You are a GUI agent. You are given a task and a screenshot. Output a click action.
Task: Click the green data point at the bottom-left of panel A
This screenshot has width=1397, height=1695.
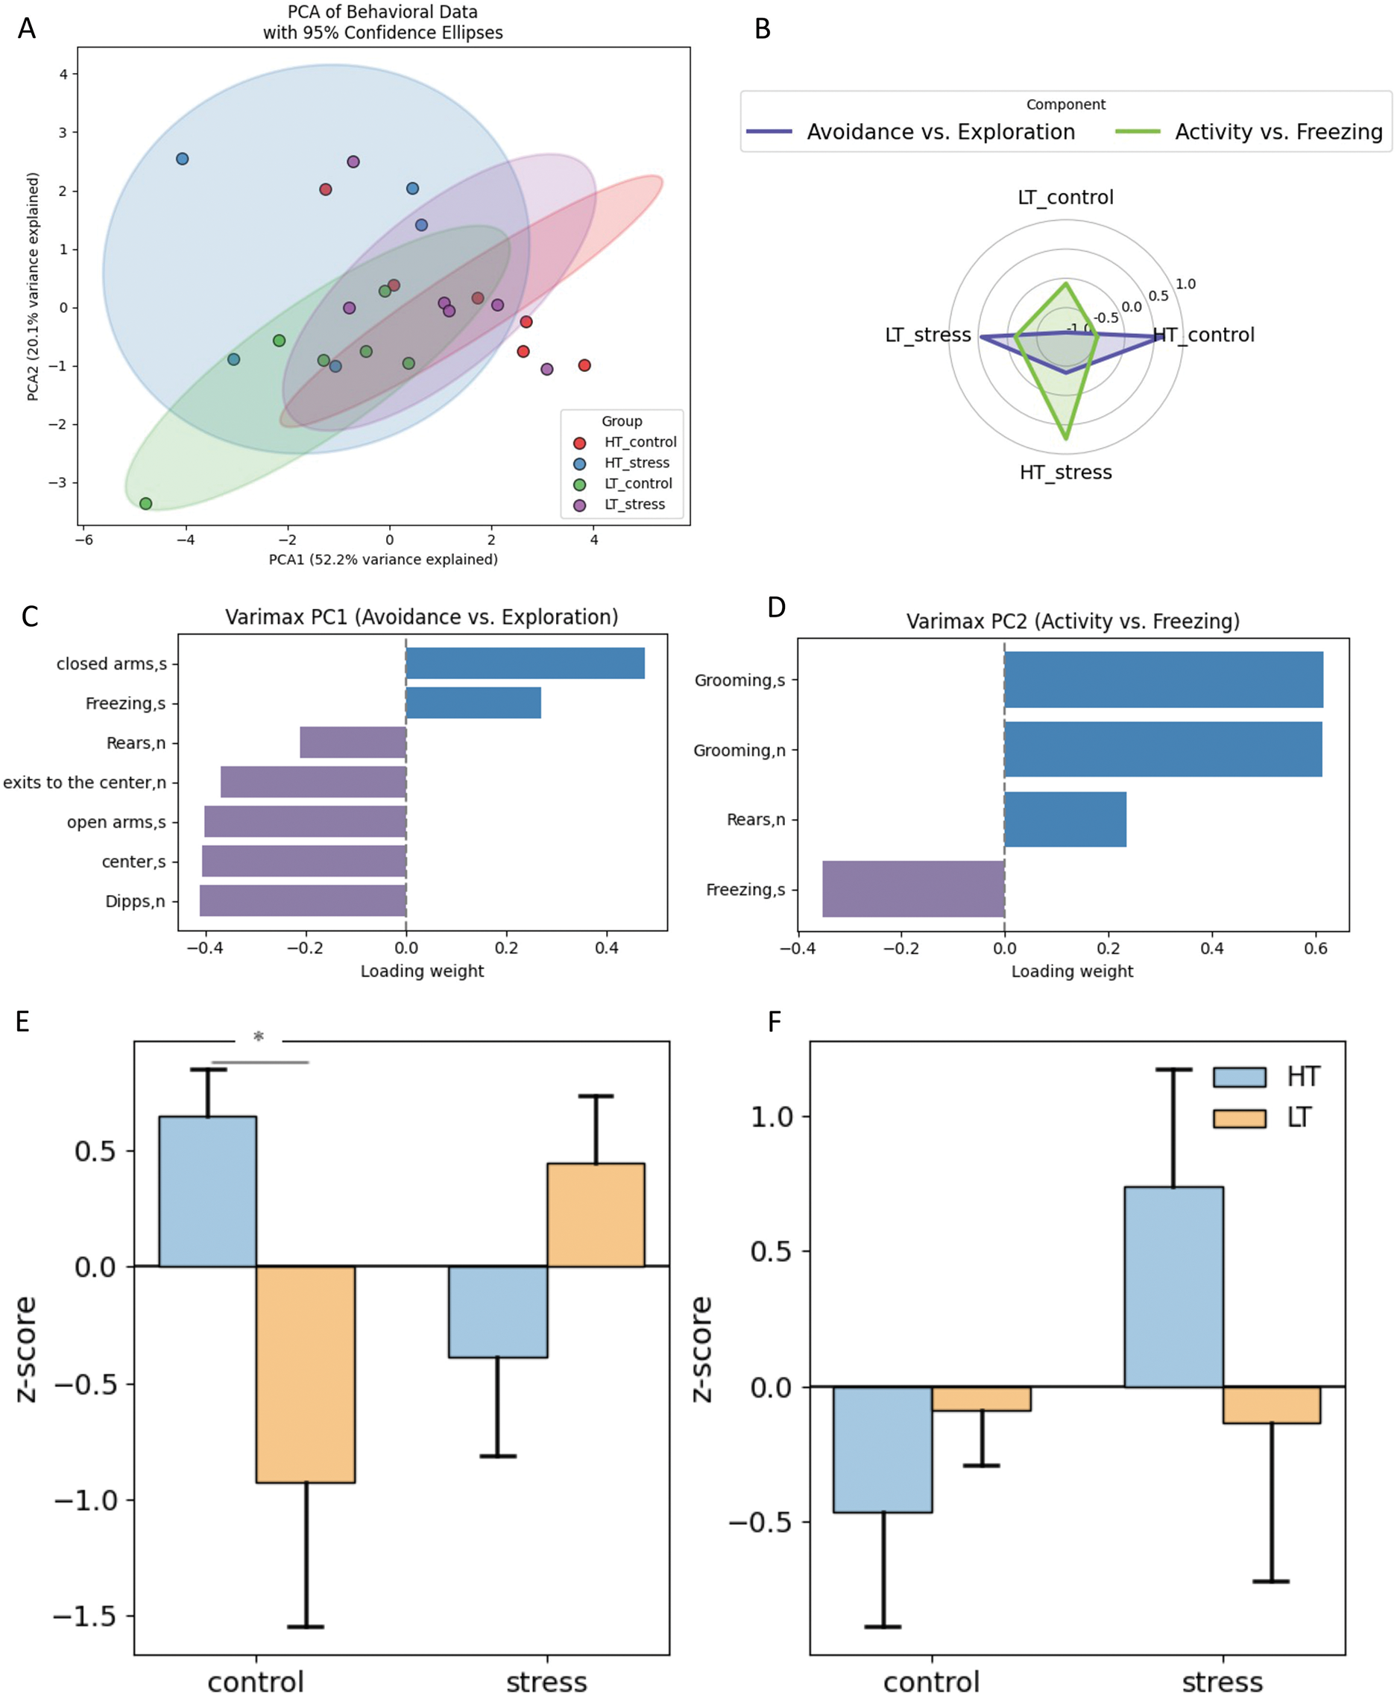(x=145, y=504)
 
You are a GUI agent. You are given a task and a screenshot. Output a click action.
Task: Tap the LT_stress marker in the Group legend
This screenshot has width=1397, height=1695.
(x=579, y=505)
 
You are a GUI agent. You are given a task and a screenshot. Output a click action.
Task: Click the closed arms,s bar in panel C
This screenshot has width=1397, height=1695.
(x=525, y=663)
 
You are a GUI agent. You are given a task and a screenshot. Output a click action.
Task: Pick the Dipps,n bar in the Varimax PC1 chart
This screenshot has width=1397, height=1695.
(x=303, y=900)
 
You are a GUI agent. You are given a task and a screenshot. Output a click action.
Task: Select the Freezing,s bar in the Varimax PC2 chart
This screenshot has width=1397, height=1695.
(x=913, y=889)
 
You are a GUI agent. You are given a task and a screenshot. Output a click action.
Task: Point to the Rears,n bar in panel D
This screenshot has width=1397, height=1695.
(x=1065, y=819)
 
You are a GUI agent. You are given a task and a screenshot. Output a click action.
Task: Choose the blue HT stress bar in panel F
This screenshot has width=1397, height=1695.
(x=1173, y=1287)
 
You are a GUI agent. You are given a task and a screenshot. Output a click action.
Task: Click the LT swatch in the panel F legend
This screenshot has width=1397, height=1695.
(x=1239, y=1118)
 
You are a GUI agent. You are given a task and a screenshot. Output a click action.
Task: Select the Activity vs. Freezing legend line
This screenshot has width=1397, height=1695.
(x=1138, y=132)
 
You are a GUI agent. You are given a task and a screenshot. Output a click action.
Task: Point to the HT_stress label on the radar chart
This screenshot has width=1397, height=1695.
(x=1065, y=473)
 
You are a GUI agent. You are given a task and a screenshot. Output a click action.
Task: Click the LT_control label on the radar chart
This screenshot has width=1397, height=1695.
(x=1065, y=197)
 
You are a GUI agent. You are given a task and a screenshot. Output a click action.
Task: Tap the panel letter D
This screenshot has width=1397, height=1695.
(x=776, y=607)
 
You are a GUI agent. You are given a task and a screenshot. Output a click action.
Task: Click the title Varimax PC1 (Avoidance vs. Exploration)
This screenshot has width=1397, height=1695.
(x=422, y=617)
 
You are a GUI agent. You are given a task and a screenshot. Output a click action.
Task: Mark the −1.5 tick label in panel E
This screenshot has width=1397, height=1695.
(x=84, y=1616)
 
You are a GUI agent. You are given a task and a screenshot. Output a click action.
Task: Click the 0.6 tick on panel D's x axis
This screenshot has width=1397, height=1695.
(x=1316, y=948)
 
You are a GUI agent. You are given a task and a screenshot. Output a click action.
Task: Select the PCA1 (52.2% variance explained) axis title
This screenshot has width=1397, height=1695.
(x=383, y=559)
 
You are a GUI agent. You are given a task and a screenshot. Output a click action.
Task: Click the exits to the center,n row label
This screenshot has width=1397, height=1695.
(x=84, y=782)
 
